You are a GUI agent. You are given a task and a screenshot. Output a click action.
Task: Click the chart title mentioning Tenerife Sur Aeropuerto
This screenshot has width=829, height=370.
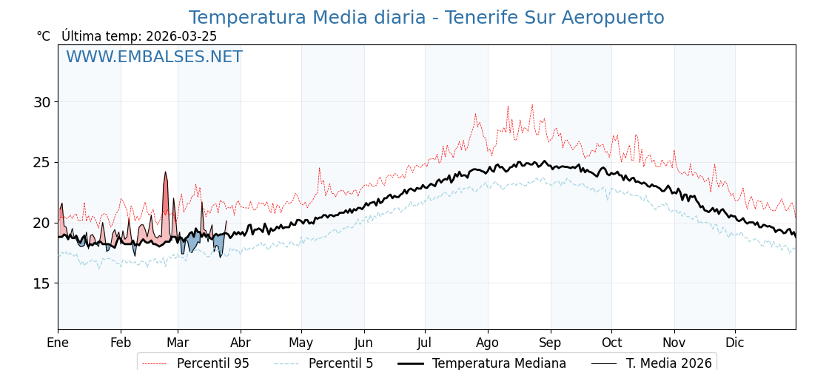(426, 18)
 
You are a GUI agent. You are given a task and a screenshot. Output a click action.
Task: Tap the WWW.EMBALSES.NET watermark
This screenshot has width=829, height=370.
(154, 57)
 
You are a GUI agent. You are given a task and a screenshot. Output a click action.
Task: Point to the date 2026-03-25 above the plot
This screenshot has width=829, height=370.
(181, 36)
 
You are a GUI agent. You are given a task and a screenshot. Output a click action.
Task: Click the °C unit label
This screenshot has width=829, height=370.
(43, 36)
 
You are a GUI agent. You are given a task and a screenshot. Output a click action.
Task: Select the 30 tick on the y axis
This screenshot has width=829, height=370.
(41, 102)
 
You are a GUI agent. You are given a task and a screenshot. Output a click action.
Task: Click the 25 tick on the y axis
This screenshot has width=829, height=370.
(41, 162)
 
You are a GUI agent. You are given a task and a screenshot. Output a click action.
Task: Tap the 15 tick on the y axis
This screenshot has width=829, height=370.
(41, 283)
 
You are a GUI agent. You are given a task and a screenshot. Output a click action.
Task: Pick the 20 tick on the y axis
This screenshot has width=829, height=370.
(41, 223)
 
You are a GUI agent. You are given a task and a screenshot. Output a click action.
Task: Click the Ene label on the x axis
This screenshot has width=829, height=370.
(58, 343)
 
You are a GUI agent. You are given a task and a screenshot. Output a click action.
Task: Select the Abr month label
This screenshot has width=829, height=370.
(241, 343)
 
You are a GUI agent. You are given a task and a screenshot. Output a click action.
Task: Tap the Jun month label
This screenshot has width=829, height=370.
(363, 343)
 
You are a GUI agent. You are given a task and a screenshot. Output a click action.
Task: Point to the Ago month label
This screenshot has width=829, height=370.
(487, 343)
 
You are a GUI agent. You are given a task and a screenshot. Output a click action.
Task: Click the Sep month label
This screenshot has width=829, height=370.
(550, 343)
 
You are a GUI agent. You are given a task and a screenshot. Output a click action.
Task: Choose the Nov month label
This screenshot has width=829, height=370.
(674, 343)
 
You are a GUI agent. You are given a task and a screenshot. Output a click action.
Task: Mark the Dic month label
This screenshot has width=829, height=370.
(734, 343)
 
